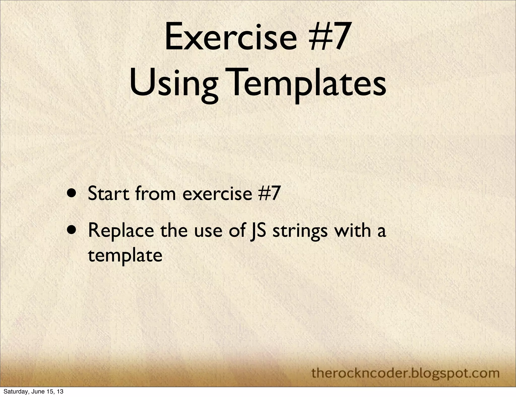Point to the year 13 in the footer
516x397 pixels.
click(x=60, y=392)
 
